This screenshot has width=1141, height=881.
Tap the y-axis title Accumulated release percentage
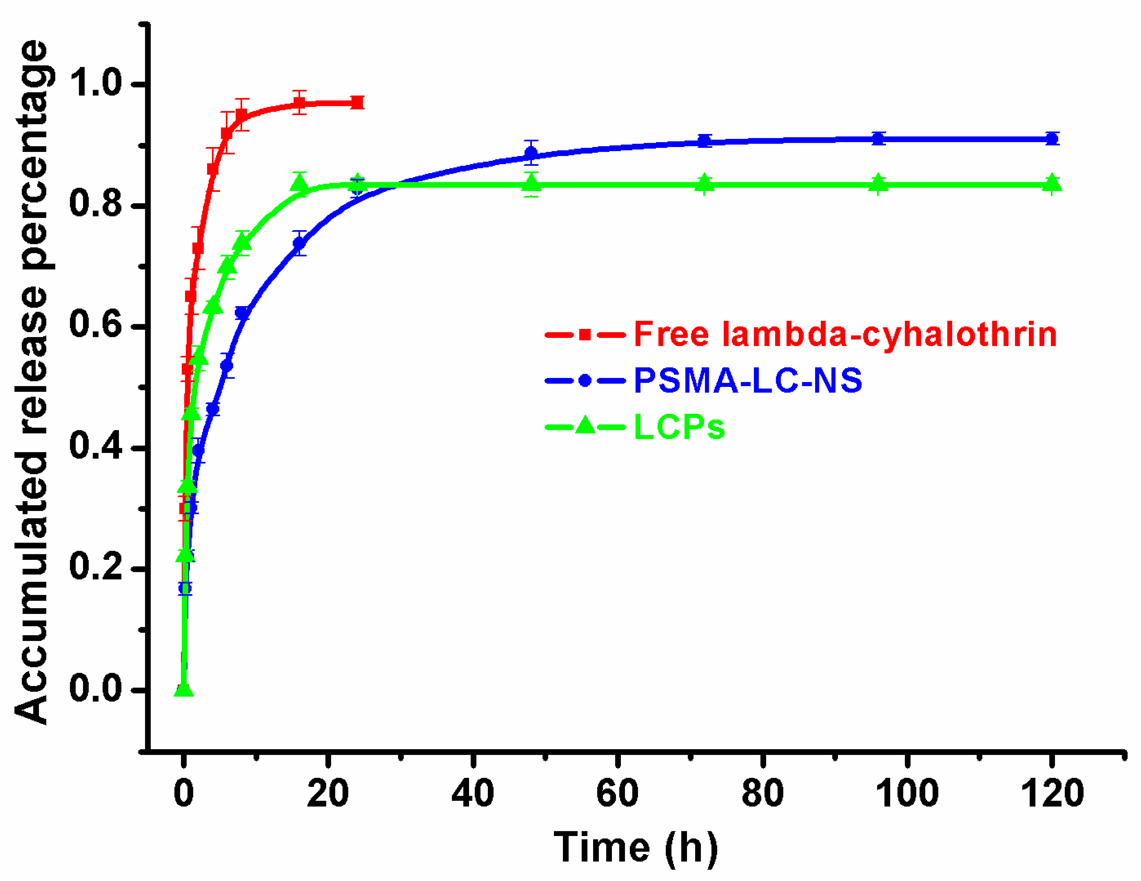tap(32, 382)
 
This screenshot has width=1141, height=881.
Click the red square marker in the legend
tap(585, 334)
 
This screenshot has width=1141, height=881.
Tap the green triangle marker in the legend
tap(585, 426)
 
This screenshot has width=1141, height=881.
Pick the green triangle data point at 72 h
tap(705, 183)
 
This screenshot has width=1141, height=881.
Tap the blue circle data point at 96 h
tap(879, 139)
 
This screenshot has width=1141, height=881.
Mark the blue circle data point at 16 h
tap(299, 243)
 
